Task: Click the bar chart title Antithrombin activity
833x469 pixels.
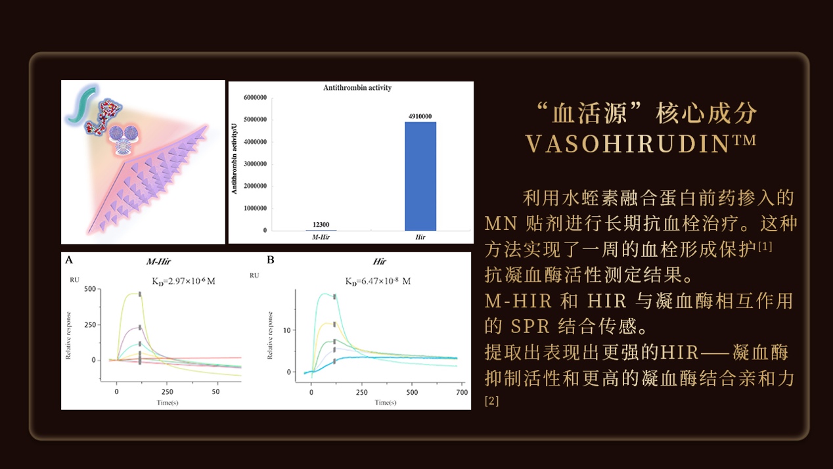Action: point(357,87)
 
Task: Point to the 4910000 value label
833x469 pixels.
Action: point(420,116)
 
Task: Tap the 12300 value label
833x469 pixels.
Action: point(321,225)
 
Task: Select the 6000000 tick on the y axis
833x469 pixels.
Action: point(255,98)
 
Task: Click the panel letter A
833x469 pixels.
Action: point(69,260)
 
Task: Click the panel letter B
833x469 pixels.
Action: point(271,260)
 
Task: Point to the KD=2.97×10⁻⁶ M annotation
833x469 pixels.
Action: point(183,281)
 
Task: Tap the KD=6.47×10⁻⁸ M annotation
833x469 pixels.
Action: point(378,281)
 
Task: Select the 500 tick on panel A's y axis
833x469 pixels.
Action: point(89,289)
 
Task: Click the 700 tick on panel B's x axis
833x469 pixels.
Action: point(461,392)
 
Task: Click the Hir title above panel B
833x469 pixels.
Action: point(379,261)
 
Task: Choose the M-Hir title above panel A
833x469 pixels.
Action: point(158,261)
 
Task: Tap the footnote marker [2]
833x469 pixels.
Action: point(491,400)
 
